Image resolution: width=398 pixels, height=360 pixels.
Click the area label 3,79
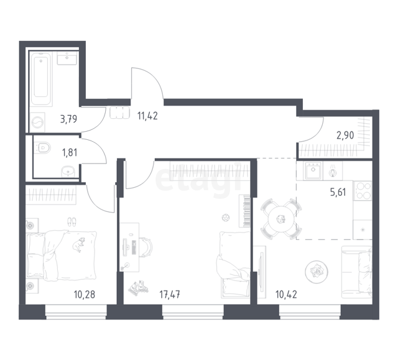click(x=68, y=119)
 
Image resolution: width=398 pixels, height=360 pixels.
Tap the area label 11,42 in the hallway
click(x=147, y=116)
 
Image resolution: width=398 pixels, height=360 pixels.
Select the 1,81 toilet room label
click(x=70, y=153)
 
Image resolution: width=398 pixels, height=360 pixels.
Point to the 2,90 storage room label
click(x=345, y=136)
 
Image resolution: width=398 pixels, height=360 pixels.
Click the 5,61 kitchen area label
click(x=338, y=192)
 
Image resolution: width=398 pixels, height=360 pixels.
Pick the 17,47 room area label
click(x=170, y=295)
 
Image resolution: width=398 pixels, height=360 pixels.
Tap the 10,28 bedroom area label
click(x=85, y=295)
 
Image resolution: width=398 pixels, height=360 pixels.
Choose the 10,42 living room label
click(x=286, y=295)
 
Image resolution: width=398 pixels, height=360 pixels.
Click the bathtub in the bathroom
click(x=41, y=78)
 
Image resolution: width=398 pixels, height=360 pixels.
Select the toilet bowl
click(x=42, y=147)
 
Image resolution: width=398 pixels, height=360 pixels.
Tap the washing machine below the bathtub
click(x=37, y=122)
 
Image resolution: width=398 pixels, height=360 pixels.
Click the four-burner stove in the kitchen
click(x=363, y=190)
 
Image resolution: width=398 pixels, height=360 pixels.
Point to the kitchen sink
click(x=313, y=170)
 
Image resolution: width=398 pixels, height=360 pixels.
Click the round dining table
click(x=280, y=219)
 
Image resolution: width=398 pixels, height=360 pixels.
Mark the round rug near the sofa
click(x=317, y=272)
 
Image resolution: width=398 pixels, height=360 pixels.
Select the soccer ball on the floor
click(x=226, y=218)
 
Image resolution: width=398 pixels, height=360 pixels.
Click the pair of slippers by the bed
click(x=72, y=222)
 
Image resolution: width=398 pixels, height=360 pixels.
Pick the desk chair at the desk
click(x=146, y=247)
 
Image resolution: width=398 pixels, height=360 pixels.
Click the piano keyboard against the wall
click(x=244, y=211)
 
